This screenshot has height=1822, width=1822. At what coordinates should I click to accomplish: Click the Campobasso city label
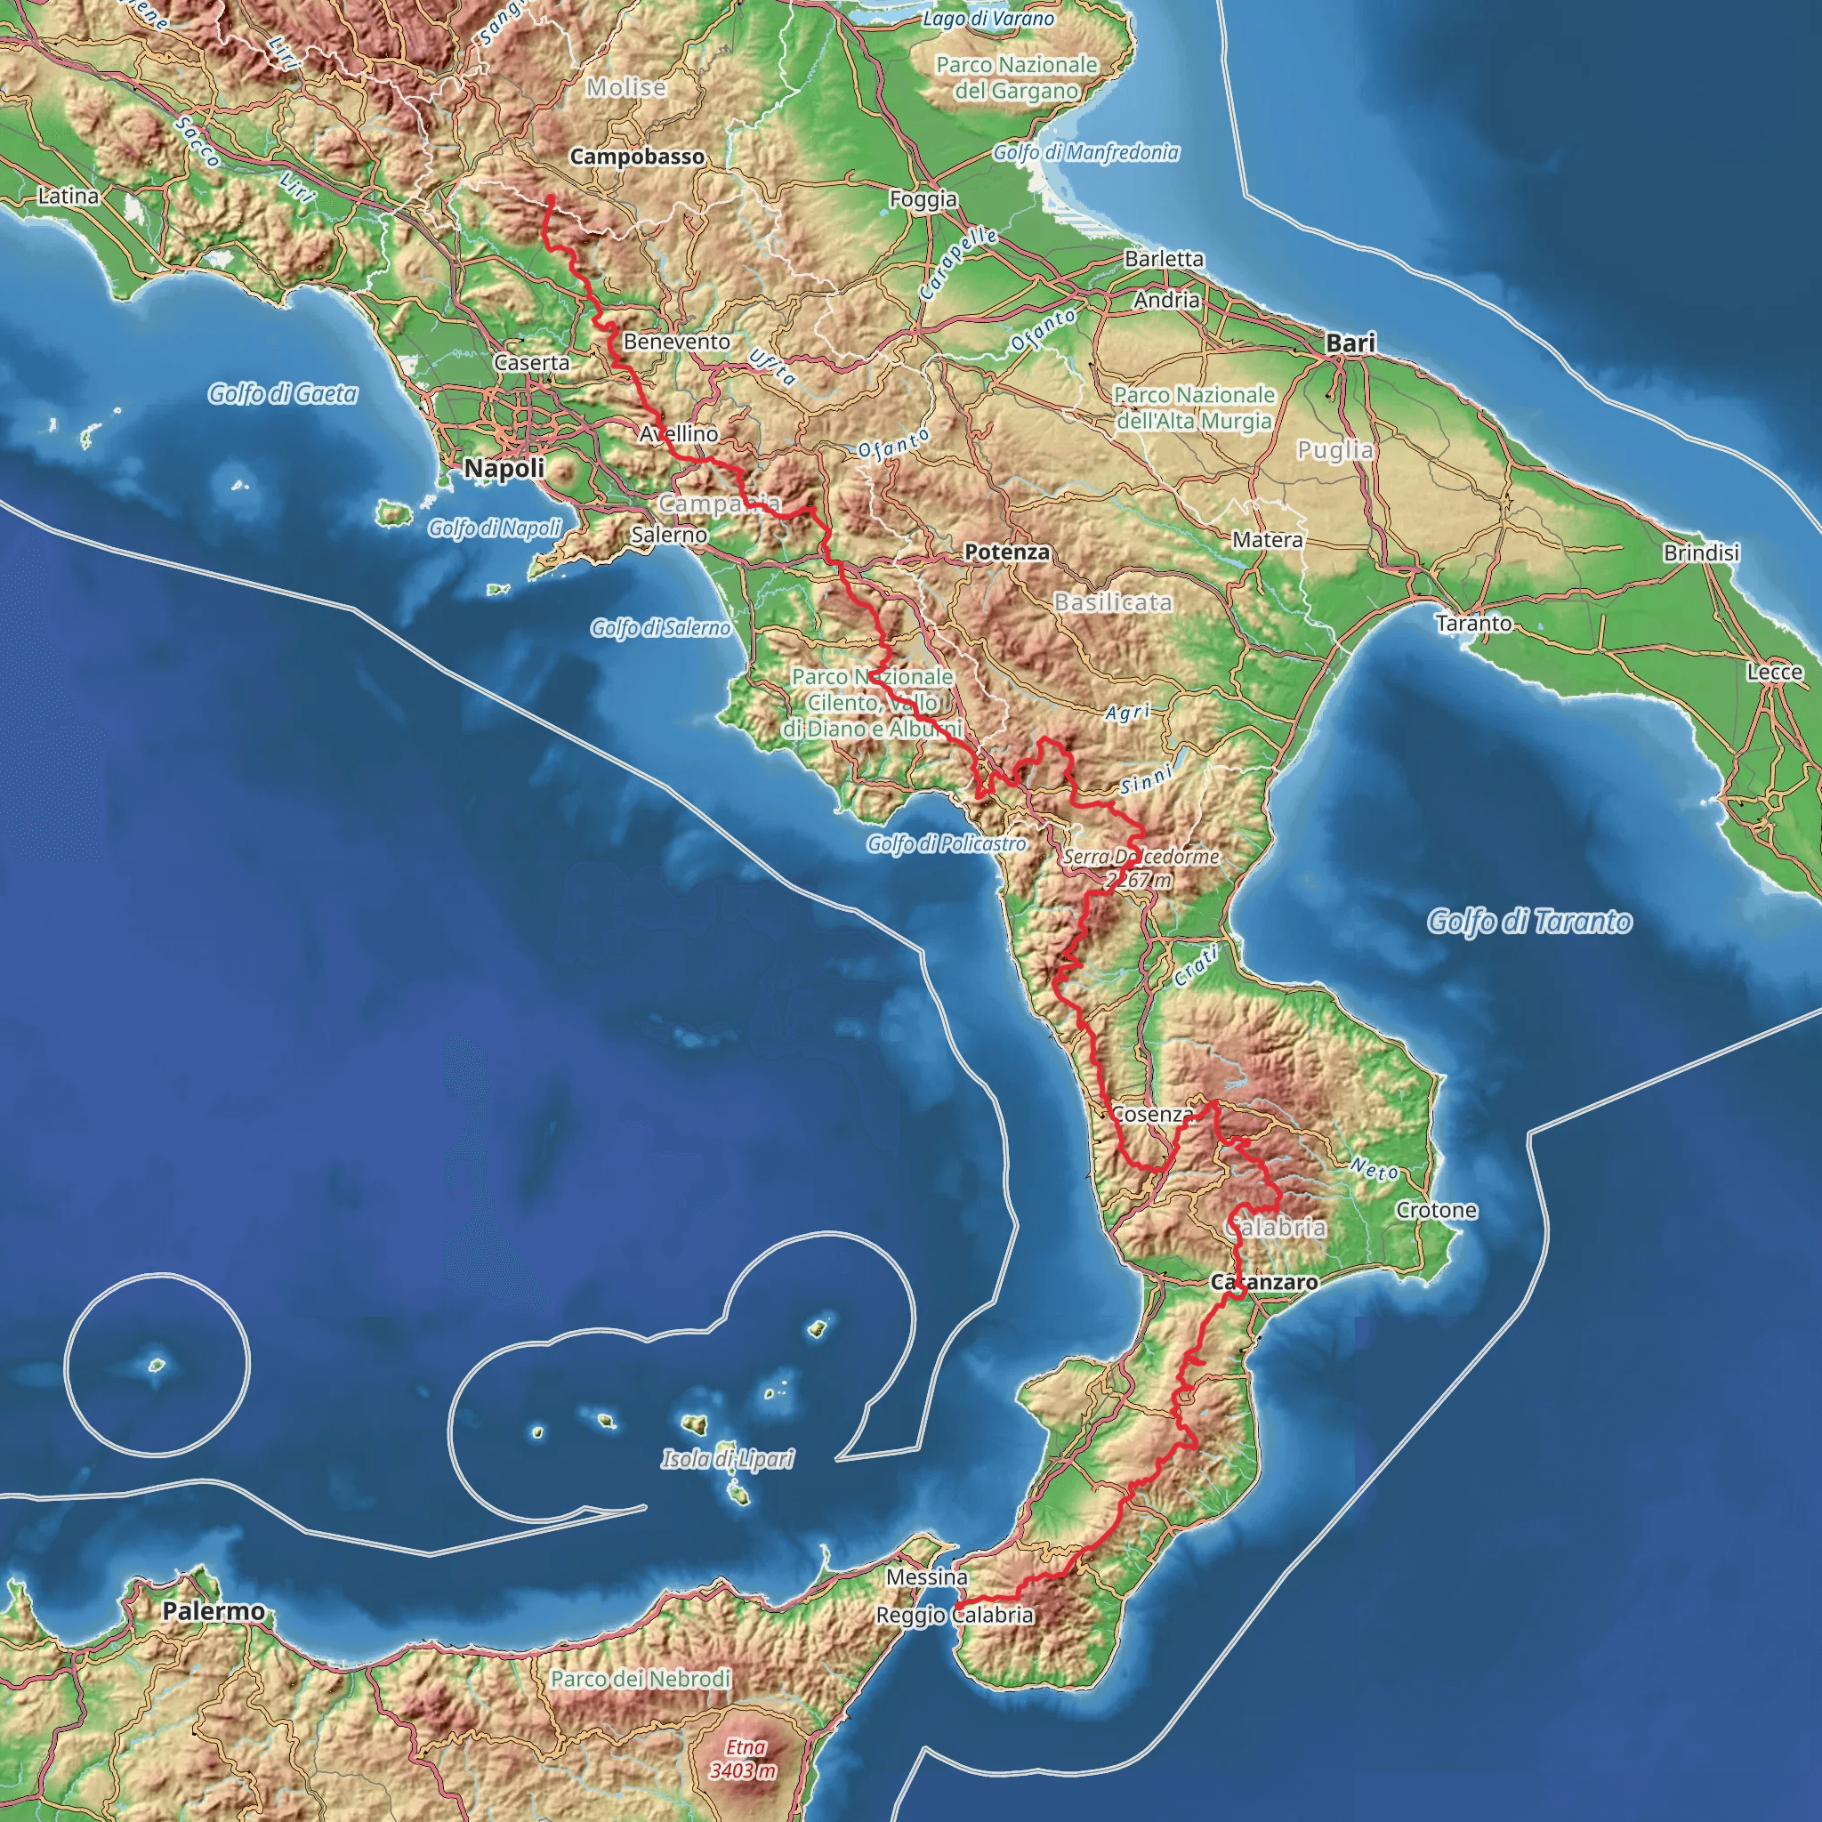pyautogui.click(x=637, y=157)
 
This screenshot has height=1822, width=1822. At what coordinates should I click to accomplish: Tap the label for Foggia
pyautogui.click(x=923, y=199)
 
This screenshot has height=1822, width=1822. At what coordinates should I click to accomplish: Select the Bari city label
pyautogui.click(x=1350, y=343)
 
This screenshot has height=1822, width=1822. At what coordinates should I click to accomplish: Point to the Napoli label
pyautogui.click(x=504, y=468)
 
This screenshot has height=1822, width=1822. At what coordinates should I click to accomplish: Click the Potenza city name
pyautogui.click(x=1006, y=552)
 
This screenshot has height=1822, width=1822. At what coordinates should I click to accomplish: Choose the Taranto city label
pyautogui.click(x=1473, y=623)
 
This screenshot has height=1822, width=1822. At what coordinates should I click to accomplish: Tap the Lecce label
pyautogui.click(x=1774, y=672)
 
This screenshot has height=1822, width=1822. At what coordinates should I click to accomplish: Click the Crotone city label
pyautogui.click(x=1435, y=1209)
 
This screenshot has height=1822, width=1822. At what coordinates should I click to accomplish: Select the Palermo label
pyautogui.click(x=214, y=1611)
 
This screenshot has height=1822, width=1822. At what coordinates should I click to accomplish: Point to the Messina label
pyautogui.click(x=926, y=1576)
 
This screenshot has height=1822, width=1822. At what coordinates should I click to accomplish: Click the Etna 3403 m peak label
pyautogui.click(x=743, y=1759)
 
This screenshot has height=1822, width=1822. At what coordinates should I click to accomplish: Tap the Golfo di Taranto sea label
pyautogui.click(x=1528, y=922)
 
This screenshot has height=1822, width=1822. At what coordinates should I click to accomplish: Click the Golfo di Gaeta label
pyautogui.click(x=283, y=393)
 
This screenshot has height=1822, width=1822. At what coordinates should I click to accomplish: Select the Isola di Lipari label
pyautogui.click(x=727, y=1459)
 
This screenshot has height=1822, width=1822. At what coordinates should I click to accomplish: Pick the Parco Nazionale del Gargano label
pyautogui.click(x=1017, y=77)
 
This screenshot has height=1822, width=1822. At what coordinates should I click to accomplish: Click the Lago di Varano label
pyautogui.click(x=988, y=18)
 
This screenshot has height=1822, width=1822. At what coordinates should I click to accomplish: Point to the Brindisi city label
pyautogui.click(x=1700, y=552)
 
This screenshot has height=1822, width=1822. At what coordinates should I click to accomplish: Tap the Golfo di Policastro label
pyautogui.click(x=946, y=843)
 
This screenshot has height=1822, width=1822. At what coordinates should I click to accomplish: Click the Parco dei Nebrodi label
pyautogui.click(x=641, y=1679)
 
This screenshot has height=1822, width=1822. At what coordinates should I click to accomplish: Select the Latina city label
pyautogui.click(x=68, y=196)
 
